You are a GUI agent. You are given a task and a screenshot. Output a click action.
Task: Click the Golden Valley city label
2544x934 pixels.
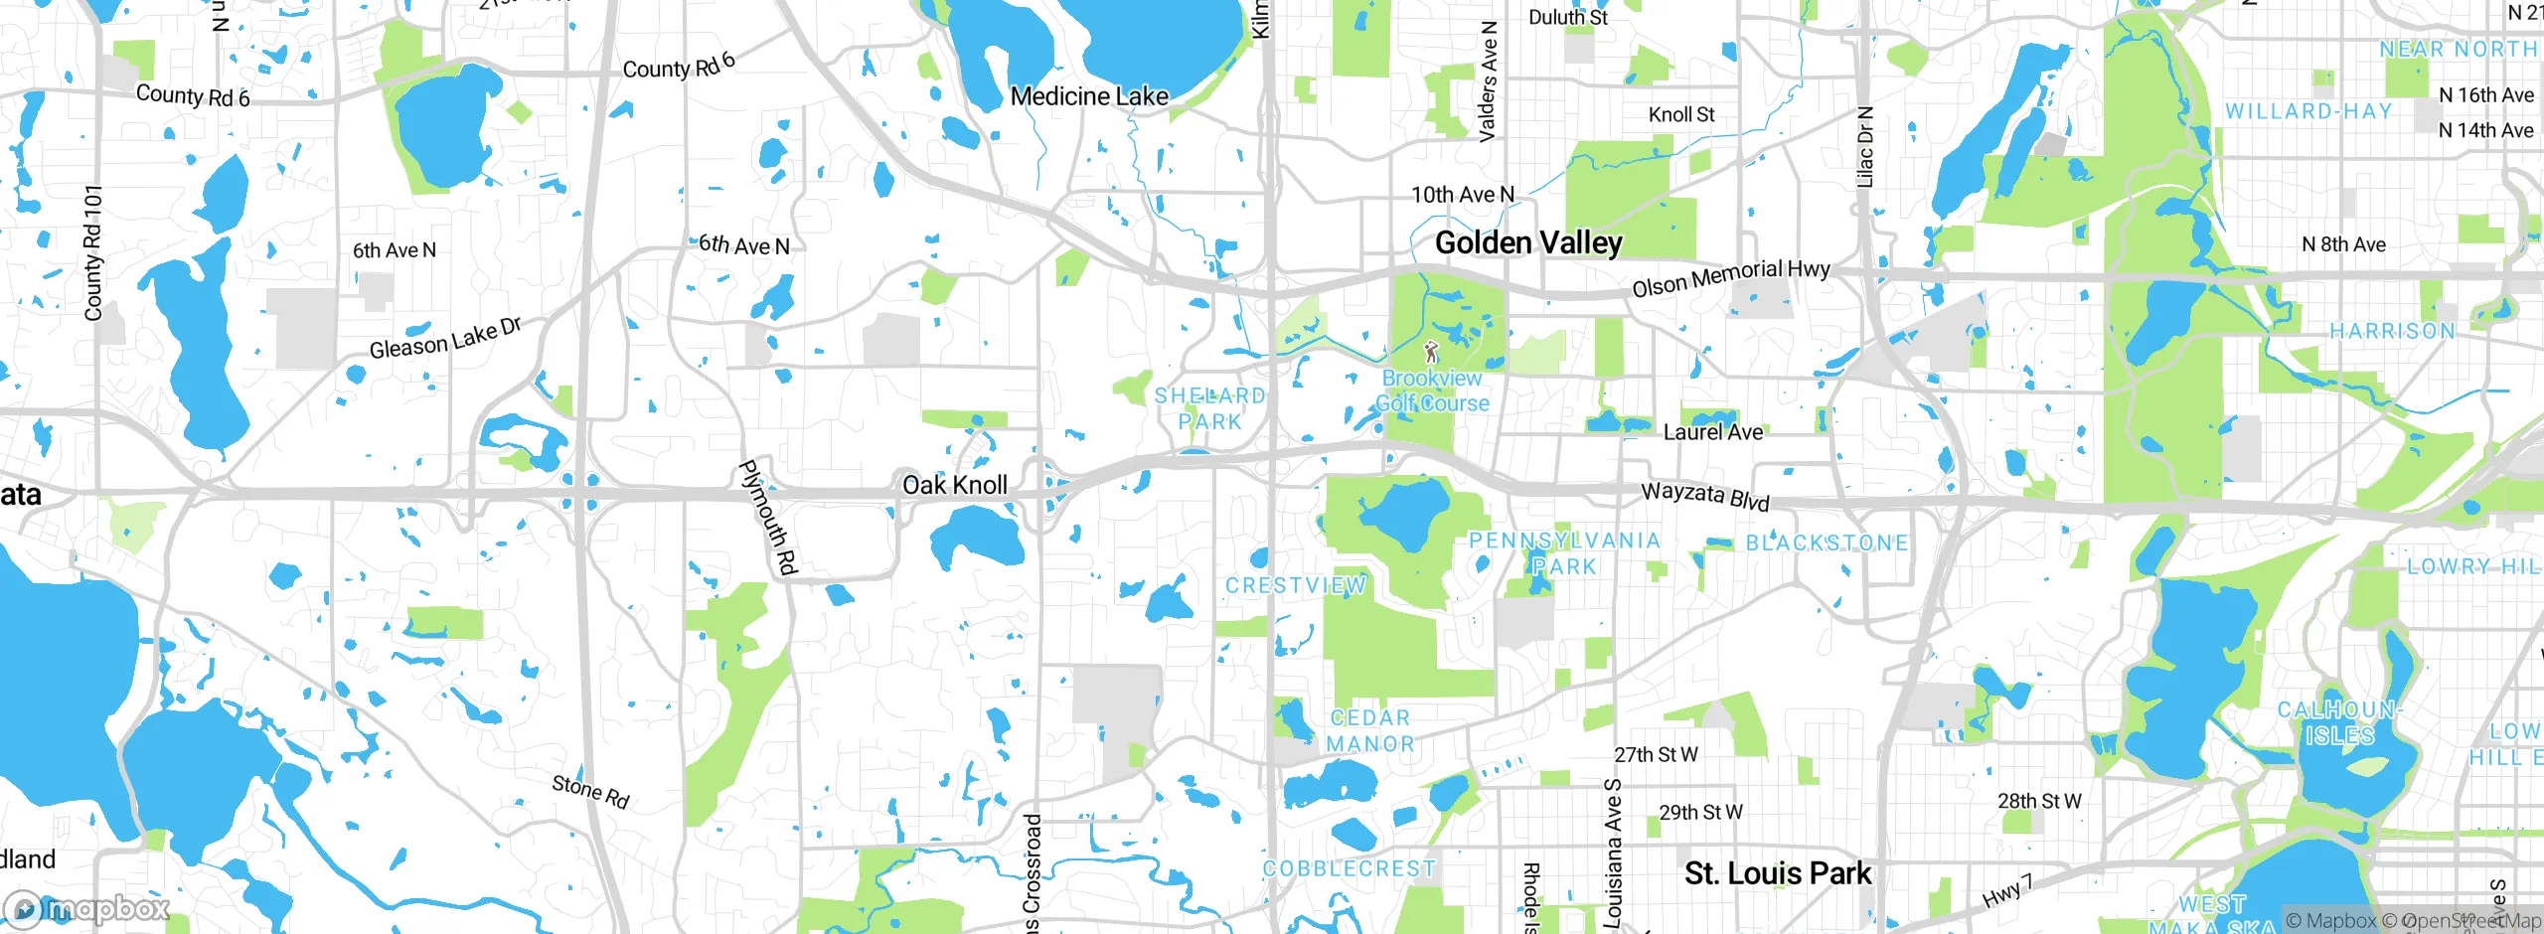1528,242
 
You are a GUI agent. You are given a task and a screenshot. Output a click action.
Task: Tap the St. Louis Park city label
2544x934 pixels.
1777,873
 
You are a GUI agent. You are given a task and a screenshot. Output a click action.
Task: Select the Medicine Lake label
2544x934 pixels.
1089,96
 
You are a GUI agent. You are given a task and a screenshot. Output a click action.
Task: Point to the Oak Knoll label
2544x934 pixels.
954,485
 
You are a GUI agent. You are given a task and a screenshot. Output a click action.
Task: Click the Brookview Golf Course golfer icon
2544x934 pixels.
1431,352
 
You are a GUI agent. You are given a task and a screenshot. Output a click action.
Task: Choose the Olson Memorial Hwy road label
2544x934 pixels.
1730,277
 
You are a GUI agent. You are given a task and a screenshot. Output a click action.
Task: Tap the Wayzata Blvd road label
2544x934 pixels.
1704,495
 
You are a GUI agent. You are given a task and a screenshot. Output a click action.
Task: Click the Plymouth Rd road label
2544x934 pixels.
769,517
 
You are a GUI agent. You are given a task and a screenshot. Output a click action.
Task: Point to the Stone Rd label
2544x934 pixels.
590,792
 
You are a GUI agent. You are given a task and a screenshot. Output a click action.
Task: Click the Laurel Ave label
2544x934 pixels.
1712,432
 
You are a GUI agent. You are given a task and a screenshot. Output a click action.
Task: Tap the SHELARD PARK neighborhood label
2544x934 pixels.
1209,408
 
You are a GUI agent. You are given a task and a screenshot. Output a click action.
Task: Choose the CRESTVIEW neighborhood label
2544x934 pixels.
1295,585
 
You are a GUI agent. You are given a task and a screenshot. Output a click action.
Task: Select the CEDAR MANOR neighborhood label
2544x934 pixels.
1369,730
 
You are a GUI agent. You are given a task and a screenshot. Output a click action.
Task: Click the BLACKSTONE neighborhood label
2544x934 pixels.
1827,544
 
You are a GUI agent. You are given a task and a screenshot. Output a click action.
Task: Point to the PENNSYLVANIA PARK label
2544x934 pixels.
1564,553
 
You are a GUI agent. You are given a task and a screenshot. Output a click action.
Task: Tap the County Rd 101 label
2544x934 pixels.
93,252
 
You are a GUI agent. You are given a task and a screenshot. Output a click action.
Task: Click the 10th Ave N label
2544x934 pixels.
1462,195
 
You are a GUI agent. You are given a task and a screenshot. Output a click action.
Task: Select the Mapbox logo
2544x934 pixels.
87,908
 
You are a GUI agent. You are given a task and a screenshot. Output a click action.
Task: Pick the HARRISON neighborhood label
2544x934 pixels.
2392,331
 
